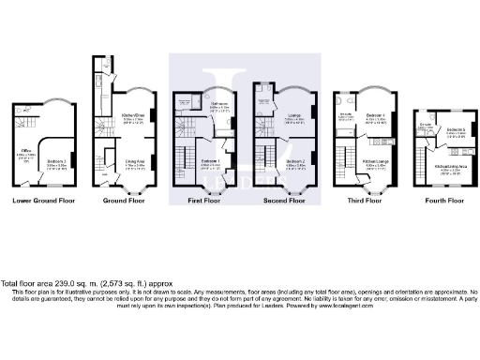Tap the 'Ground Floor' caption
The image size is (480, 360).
pyautogui.click(x=124, y=200)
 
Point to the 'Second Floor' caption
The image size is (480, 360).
pyautogui.click(x=289, y=200)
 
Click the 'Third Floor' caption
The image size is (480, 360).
pyautogui.click(x=367, y=200)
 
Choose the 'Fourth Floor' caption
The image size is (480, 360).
pyautogui.click(x=442, y=200)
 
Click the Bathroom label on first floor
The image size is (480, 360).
pyautogui.click(x=220, y=105)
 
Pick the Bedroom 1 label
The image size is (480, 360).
pyautogui.click(x=212, y=160)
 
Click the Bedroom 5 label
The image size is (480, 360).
pyautogui.click(x=456, y=129)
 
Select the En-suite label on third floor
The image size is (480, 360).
pyautogui.click(x=346, y=116)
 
